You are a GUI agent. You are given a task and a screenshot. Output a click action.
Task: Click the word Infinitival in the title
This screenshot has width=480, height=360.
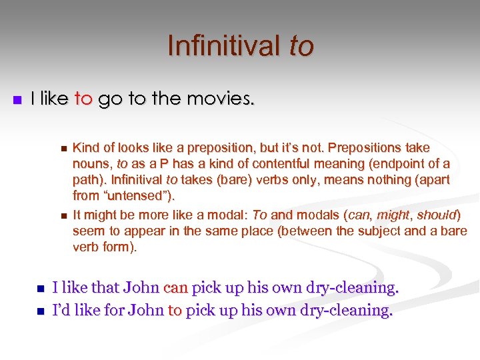225,46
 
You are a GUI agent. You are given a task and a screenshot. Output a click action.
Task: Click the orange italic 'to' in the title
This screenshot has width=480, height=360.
301,46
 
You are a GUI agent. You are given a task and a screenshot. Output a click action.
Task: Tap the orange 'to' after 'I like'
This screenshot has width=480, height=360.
83,99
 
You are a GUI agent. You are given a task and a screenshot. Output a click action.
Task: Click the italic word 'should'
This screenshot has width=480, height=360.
437,215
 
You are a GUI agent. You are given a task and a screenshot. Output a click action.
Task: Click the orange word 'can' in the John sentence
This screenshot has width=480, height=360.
175,287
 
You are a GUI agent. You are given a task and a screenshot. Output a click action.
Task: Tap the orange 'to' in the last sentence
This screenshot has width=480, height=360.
175,310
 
